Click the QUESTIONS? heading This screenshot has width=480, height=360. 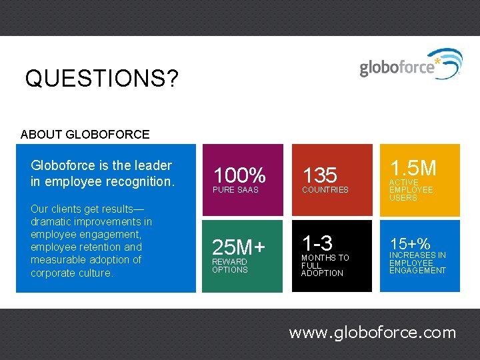coord(102,79)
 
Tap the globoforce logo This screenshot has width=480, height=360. coord(409,65)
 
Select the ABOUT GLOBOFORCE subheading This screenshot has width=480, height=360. coord(85,135)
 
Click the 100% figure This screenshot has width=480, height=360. coord(239,176)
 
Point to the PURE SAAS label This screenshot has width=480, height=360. coord(235,190)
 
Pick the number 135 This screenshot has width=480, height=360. coord(320,176)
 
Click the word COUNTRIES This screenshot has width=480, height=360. coord(325,190)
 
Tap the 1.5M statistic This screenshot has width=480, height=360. coord(413,167)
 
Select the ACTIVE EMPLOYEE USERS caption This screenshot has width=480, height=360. coord(411,190)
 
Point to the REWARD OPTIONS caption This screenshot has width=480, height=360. coord(230,266)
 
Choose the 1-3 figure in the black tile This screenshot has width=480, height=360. coord(317,243)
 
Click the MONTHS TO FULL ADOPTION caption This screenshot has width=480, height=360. coord(325,265)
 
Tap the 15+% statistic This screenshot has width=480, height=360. coord(410,244)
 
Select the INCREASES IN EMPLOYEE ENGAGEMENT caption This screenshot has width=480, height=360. coord(417,263)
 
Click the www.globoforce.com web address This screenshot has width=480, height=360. coord(372,333)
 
